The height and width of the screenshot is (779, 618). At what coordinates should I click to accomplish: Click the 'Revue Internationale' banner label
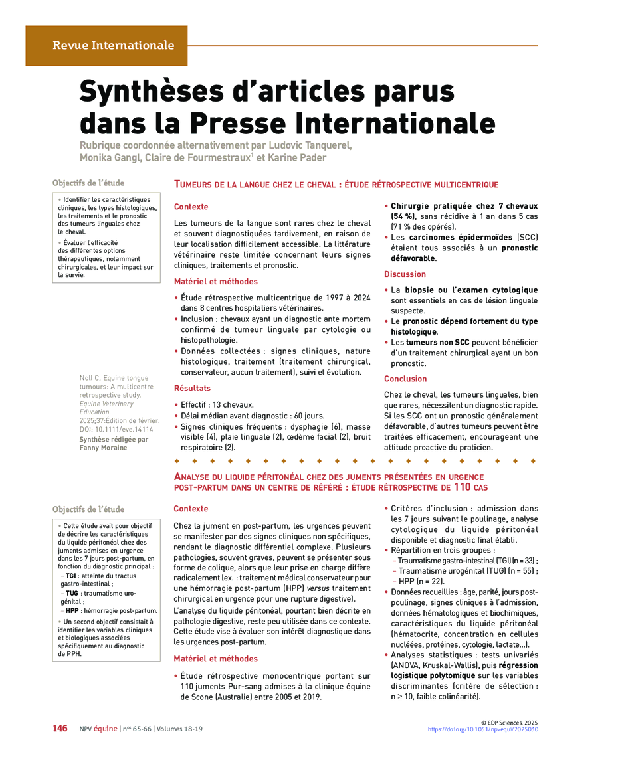click(x=113, y=46)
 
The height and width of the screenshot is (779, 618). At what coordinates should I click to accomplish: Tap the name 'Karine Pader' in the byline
click(x=300, y=157)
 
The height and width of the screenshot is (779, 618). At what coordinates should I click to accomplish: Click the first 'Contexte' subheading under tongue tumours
click(x=191, y=207)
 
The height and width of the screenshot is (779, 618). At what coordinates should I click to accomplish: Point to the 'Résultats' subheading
click(x=192, y=388)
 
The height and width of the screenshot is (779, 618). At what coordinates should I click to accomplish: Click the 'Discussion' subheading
click(x=405, y=274)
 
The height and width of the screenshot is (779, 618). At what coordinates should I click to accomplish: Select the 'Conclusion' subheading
click(x=405, y=379)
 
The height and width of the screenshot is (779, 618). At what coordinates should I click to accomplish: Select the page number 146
click(x=60, y=729)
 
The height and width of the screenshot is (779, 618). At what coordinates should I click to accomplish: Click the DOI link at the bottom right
click(x=482, y=729)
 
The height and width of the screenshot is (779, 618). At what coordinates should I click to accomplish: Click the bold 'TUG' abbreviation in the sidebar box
click(x=72, y=593)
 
